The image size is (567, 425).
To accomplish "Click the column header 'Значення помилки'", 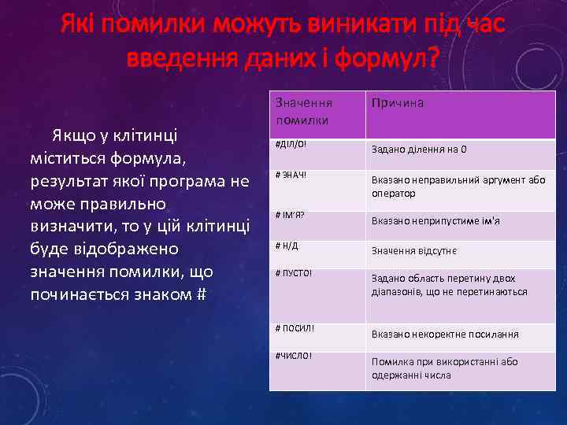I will (304, 111).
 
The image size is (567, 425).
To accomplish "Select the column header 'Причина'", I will (397, 103).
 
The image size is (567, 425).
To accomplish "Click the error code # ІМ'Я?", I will (291, 215).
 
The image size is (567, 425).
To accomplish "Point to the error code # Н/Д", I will (287, 246).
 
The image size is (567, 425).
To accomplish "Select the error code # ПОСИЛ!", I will (295, 327).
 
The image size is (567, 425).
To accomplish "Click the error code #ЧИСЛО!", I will (293, 355).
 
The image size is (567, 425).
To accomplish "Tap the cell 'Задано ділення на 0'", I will (419, 150).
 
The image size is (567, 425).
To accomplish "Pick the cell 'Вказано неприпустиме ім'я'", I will (435, 221).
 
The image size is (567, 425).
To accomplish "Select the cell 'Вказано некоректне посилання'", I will (445, 334).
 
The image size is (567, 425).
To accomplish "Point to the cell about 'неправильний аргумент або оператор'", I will (458, 187).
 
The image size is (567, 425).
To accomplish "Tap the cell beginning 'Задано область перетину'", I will (449, 285).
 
